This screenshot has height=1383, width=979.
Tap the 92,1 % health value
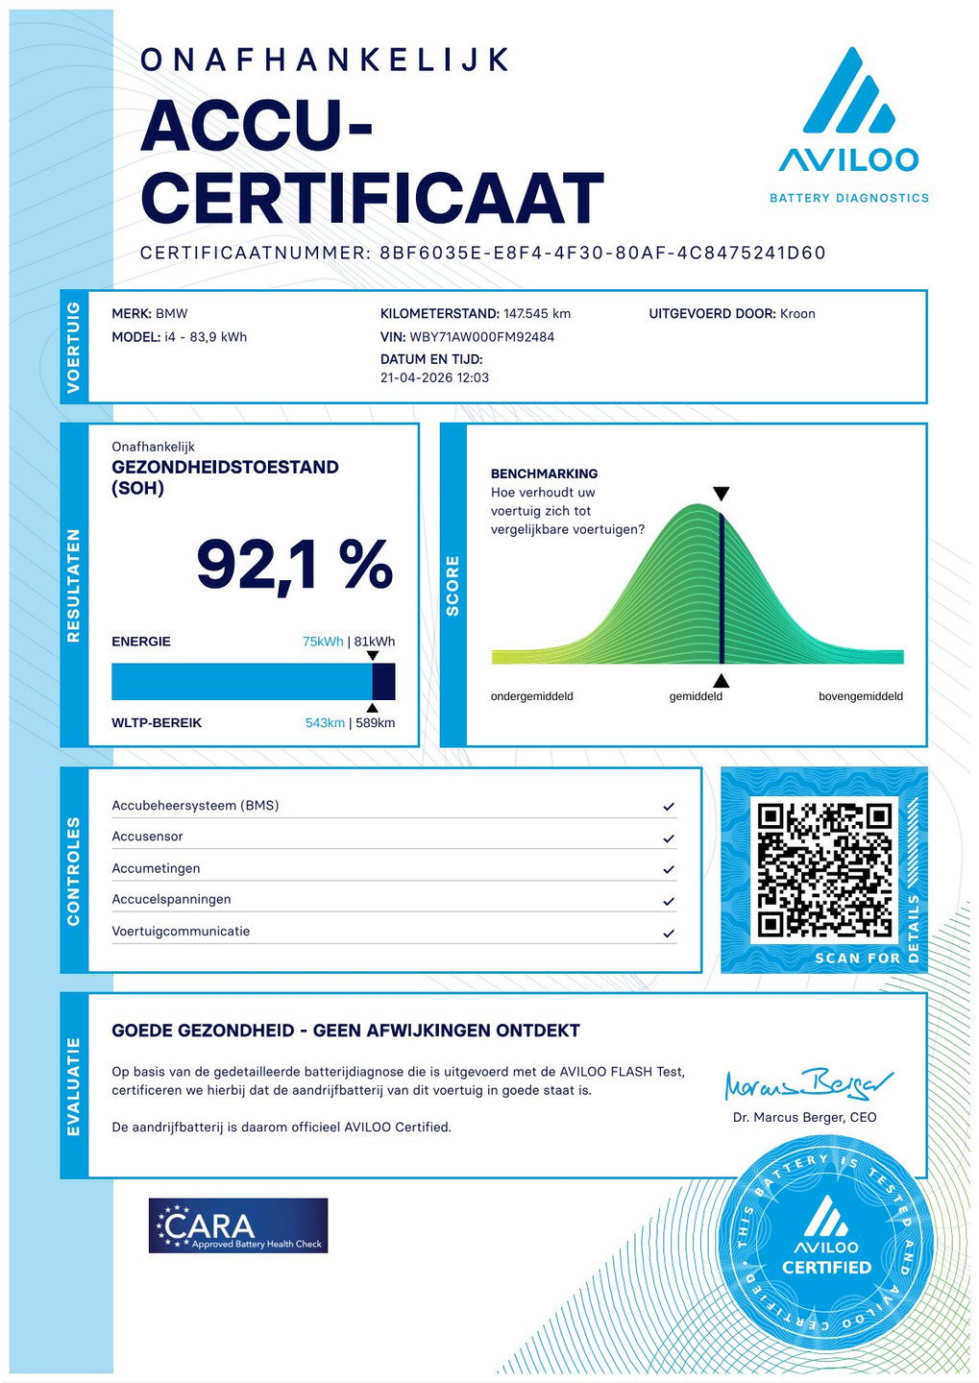294,565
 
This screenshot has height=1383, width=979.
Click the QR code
825,869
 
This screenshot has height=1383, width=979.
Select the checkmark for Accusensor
669,838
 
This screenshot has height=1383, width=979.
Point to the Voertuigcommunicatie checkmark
669,933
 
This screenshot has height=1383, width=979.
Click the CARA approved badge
238,1225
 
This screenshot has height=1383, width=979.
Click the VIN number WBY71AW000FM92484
481,337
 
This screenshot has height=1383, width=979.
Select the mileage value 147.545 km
537,314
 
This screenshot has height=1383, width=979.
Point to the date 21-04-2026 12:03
434,377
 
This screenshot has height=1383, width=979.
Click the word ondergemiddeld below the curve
531,696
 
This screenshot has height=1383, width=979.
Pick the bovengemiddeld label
860,696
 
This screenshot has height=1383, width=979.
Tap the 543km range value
325,723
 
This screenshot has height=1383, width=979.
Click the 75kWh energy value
323,642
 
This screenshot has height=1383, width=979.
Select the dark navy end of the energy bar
383,681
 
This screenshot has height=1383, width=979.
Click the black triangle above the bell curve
721,494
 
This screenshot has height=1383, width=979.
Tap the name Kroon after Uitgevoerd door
797,314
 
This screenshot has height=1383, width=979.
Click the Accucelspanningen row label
171,900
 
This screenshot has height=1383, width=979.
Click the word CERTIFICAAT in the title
372,199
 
